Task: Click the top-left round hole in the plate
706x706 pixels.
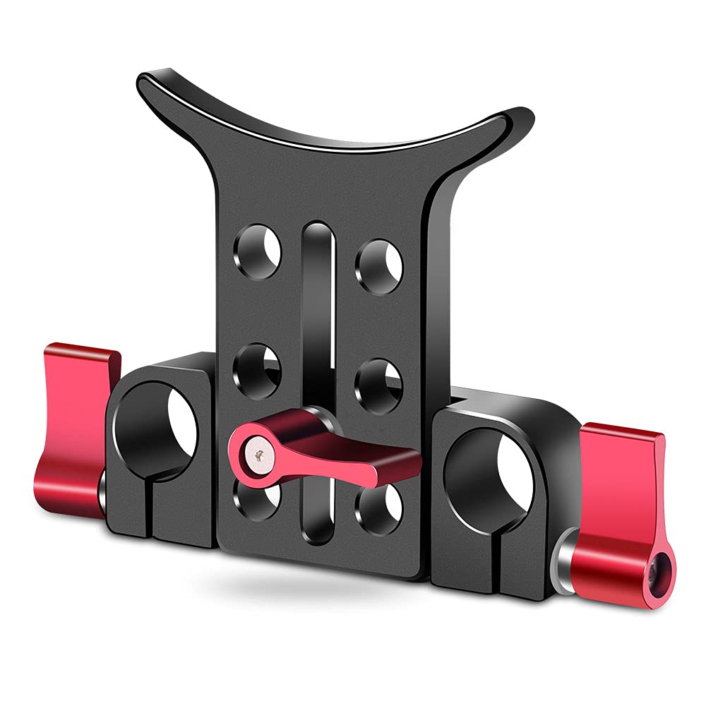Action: tap(259, 251)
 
